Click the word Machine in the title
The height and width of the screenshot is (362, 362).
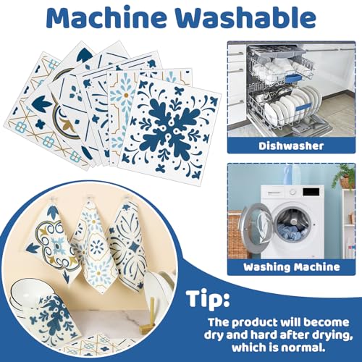(107, 18)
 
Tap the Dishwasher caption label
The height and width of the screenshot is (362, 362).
(291, 146)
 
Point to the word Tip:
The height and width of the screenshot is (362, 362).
(208, 299)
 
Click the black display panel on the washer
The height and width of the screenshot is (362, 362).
(311, 192)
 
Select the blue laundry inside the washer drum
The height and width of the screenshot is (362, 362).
(292, 231)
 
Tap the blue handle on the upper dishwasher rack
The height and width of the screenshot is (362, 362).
(293, 78)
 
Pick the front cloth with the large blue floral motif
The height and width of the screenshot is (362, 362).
(169, 128)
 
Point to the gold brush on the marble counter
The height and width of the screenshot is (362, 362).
(148, 316)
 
